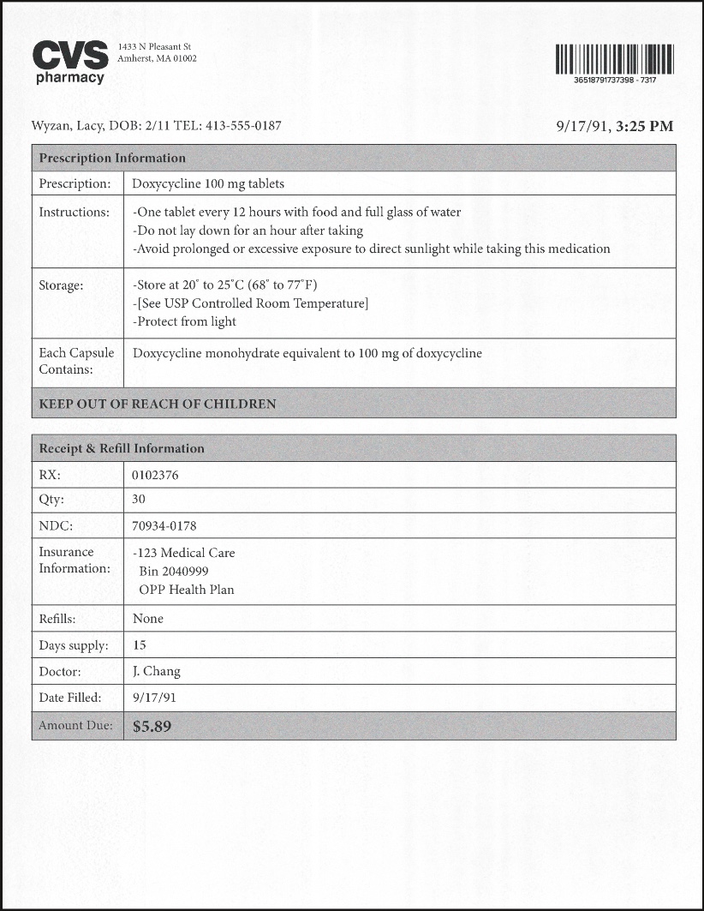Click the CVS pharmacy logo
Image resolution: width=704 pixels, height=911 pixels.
pyautogui.click(x=70, y=62)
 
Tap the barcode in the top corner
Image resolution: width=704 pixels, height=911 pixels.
pyautogui.click(x=614, y=59)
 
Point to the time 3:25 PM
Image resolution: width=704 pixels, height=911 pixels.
pyautogui.click(x=645, y=126)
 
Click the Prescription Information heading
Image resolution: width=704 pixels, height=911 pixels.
pyautogui.click(x=112, y=158)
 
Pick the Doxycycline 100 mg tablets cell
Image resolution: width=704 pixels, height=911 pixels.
pyautogui.click(x=208, y=183)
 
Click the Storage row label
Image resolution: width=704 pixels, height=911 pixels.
pyautogui.click(x=61, y=285)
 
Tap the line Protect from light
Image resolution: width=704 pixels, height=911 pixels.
pyautogui.click(x=185, y=321)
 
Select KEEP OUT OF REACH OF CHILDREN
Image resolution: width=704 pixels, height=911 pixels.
pyautogui.click(x=158, y=404)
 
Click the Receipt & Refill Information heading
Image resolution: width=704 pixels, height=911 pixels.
pyautogui.click(x=122, y=448)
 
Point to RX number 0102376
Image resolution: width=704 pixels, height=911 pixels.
pyautogui.click(x=156, y=475)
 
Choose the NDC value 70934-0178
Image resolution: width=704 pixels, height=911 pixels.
pyautogui.click(x=164, y=525)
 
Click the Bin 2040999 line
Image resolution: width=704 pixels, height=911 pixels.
pyautogui.click(x=174, y=571)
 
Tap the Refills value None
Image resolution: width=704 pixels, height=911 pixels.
pyautogui.click(x=148, y=618)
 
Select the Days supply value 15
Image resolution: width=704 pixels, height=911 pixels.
pyautogui.click(x=140, y=644)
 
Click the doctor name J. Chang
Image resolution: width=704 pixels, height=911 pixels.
pyautogui.click(x=157, y=671)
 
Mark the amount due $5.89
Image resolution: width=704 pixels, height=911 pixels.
pyautogui.click(x=152, y=726)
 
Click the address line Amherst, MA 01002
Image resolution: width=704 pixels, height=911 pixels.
pyautogui.click(x=158, y=59)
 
